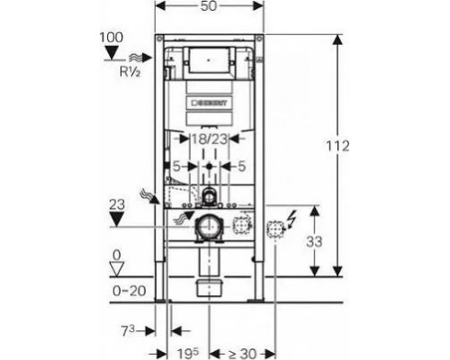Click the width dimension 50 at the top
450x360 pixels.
coord(209,6)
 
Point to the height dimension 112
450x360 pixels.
coord(337,147)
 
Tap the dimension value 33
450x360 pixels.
coord(314,241)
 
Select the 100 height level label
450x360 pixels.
coord(112,38)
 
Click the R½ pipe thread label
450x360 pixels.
coord(130,72)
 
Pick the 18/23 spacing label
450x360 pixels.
coord(209,139)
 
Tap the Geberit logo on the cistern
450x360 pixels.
coord(209,103)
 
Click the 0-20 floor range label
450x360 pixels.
coord(130,291)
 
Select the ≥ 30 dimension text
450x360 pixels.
coord(242,354)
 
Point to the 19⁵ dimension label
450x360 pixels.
coord(188,354)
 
